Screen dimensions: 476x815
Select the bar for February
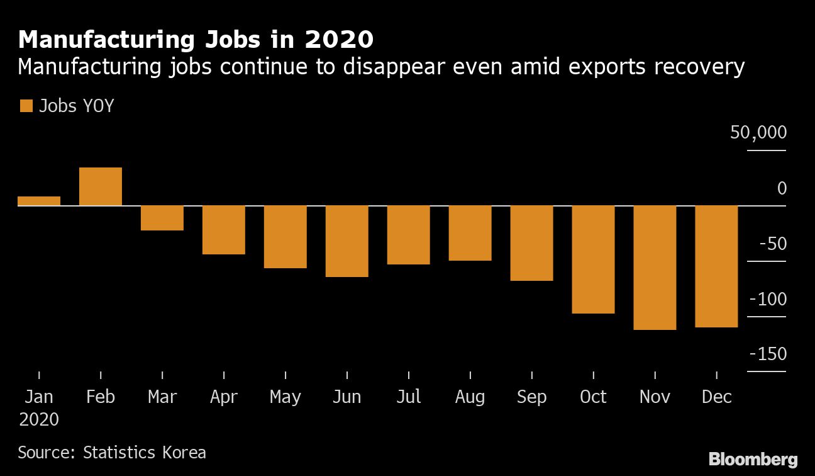[101, 186]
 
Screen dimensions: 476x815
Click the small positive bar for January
[39, 201]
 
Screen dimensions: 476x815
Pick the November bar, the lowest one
[655, 268]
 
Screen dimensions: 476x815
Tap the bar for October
[593, 259]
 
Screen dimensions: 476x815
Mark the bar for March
[162, 218]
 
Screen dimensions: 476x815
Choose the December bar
[716, 266]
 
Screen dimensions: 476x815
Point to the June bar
[347, 241]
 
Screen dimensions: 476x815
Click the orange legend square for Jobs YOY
[26, 106]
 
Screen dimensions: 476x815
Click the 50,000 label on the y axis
[758, 133]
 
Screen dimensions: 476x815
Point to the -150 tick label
[768, 354]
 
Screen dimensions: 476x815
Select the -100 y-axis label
[768, 299]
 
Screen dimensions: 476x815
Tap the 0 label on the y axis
[782, 188]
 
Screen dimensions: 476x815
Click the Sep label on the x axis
[531, 397]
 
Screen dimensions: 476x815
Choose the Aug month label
[470, 397]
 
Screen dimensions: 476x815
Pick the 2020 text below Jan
[39, 419]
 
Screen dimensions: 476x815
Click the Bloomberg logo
[753, 458]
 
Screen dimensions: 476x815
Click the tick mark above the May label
[286, 375]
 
